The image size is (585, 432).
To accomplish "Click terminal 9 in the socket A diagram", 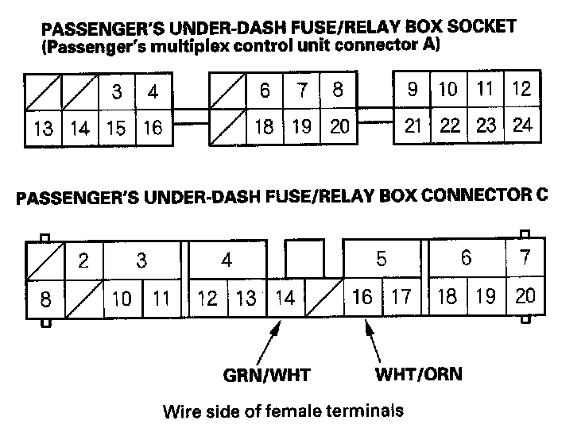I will click(x=412, y=90).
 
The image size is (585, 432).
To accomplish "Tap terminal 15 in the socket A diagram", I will click(x=116, y=128).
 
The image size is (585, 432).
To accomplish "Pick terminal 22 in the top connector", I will click(x=450, y=125).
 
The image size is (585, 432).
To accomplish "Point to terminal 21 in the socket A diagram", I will click(x=413, y=125).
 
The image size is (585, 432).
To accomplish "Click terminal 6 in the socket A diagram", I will click(x=265, y=91).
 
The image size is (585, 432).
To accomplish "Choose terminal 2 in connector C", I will click(x=83, y=260).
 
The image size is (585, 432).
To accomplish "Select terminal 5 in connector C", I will click(x=381, y=259).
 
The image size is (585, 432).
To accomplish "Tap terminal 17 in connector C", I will click(x=401, y=297).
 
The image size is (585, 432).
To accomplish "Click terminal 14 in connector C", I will click(x=284, y=298).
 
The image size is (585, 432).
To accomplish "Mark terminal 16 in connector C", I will click(x=362, y=297).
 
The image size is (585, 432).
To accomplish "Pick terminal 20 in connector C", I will click(x=525, y=297).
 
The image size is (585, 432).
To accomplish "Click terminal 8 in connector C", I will click(x=45, y=299).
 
